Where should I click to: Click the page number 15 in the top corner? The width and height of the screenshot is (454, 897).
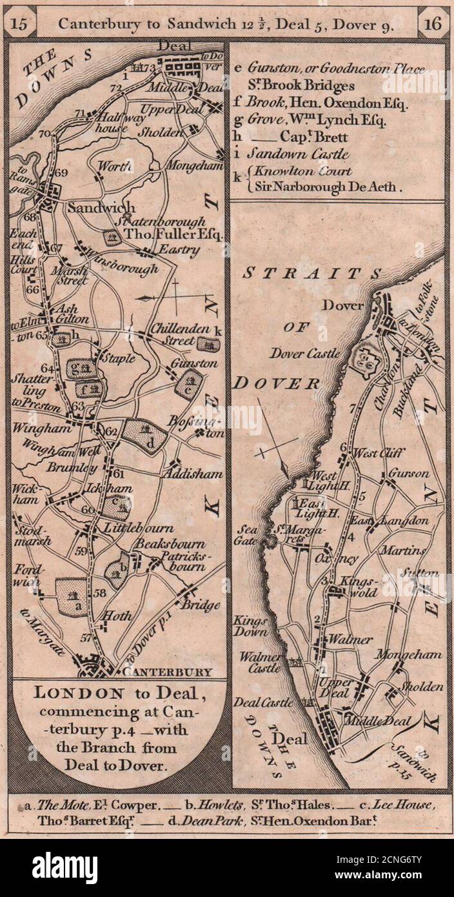pyautogui.click(x=19, y=25)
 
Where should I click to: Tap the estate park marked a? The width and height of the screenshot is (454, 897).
pyautogui.click(x=72, y=598)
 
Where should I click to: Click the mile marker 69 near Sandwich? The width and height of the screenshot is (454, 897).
pyautogui.click(x=61, y=173)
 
